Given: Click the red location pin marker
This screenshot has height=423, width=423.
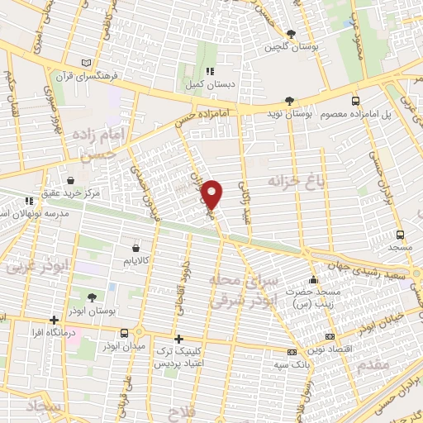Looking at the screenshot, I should point(214,193).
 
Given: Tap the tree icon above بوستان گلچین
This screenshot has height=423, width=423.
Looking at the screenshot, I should point(290,34).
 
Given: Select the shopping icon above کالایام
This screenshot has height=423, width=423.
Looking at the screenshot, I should point(136,246).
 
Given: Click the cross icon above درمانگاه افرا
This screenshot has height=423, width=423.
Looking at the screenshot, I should point(55,319).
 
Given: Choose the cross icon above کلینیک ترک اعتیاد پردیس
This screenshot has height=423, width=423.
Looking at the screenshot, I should point(178,338).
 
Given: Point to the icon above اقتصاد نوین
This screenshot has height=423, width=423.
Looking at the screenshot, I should point(330,337).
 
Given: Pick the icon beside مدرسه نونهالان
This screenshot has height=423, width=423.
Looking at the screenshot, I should point(30,201).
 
